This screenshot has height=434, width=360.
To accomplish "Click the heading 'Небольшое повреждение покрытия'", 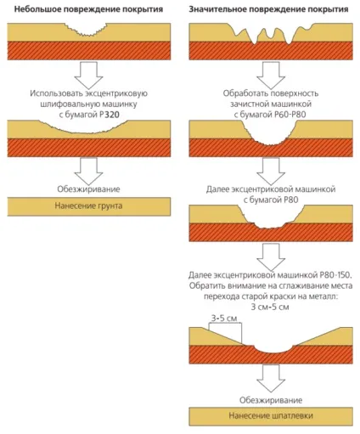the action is (x=88, y=9).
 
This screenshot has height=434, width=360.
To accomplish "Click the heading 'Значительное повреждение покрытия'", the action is (x=268, y=9).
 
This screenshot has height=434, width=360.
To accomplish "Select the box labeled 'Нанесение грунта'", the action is (x=89, y=206).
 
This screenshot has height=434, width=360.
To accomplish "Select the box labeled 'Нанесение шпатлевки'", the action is (x=271, y=416).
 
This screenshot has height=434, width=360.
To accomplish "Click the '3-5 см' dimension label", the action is (x=224, y=318).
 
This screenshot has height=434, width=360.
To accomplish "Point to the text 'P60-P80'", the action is (x=290, y=115).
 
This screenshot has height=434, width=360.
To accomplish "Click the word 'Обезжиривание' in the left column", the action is (x=88, y=189).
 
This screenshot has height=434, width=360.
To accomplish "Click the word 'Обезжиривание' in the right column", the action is (x=271, y=400).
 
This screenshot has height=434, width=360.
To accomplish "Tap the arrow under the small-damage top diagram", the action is (x=88, y=76).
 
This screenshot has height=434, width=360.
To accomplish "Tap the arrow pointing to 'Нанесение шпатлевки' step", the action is (x=271, y=378).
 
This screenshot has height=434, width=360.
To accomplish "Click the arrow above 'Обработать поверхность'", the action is (x=271, y=76).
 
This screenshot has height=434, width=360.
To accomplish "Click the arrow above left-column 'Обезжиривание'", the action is (x=88, y=172).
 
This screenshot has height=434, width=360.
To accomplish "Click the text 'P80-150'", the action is (x=335, y=275).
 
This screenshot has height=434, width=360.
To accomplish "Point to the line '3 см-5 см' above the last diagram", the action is (x=270, y=307).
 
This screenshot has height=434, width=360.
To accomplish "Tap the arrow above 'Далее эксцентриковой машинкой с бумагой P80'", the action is (x=271, y=172).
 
